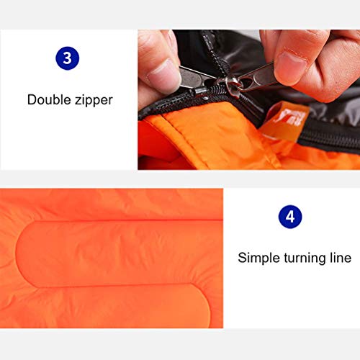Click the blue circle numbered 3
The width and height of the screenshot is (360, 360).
pyautogui.click(x=67, y=58)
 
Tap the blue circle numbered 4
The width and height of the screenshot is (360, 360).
pyautogui.click(x=290, y=217)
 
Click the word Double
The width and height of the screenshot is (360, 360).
pyautogui.click(x=49, y=99)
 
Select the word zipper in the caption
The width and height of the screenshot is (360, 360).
pyautogui.click(x=94, y=101)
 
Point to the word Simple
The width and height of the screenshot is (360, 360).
pyautogui.click(x=259, y=258)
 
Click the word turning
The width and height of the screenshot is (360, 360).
pyautogui.click(x=305, y=258)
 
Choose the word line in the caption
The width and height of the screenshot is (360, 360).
pyautogui.click(x=341, y=258)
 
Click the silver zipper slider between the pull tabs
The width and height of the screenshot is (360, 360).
pyautogui.click(x=231, y=87)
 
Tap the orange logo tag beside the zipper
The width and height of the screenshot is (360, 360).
pyautogui.click(x=284, y=121)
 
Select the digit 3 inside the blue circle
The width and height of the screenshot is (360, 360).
pyautogui.click(x=67, y=58)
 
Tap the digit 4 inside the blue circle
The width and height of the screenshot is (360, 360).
pyautogui.click(x=290, y=217)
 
